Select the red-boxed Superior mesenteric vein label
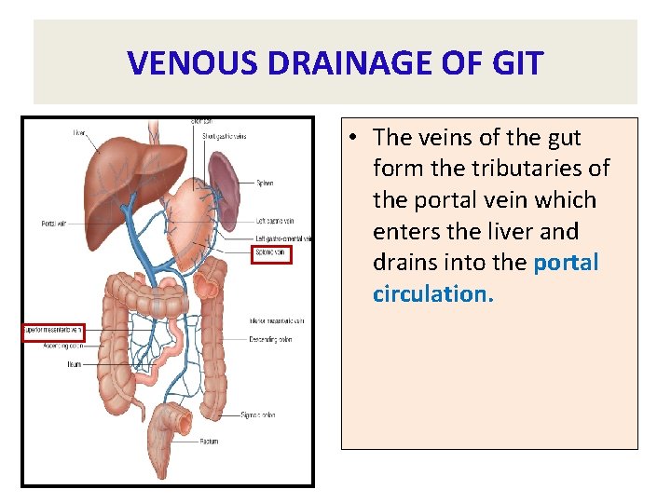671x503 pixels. click(53, 330)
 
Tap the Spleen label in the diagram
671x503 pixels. click(265, 184)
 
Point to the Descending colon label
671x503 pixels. click(273, 340)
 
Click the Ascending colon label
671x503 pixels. click(64, 345)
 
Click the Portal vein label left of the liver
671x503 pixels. click(53, 223)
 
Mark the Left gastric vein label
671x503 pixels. click(275, 221)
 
